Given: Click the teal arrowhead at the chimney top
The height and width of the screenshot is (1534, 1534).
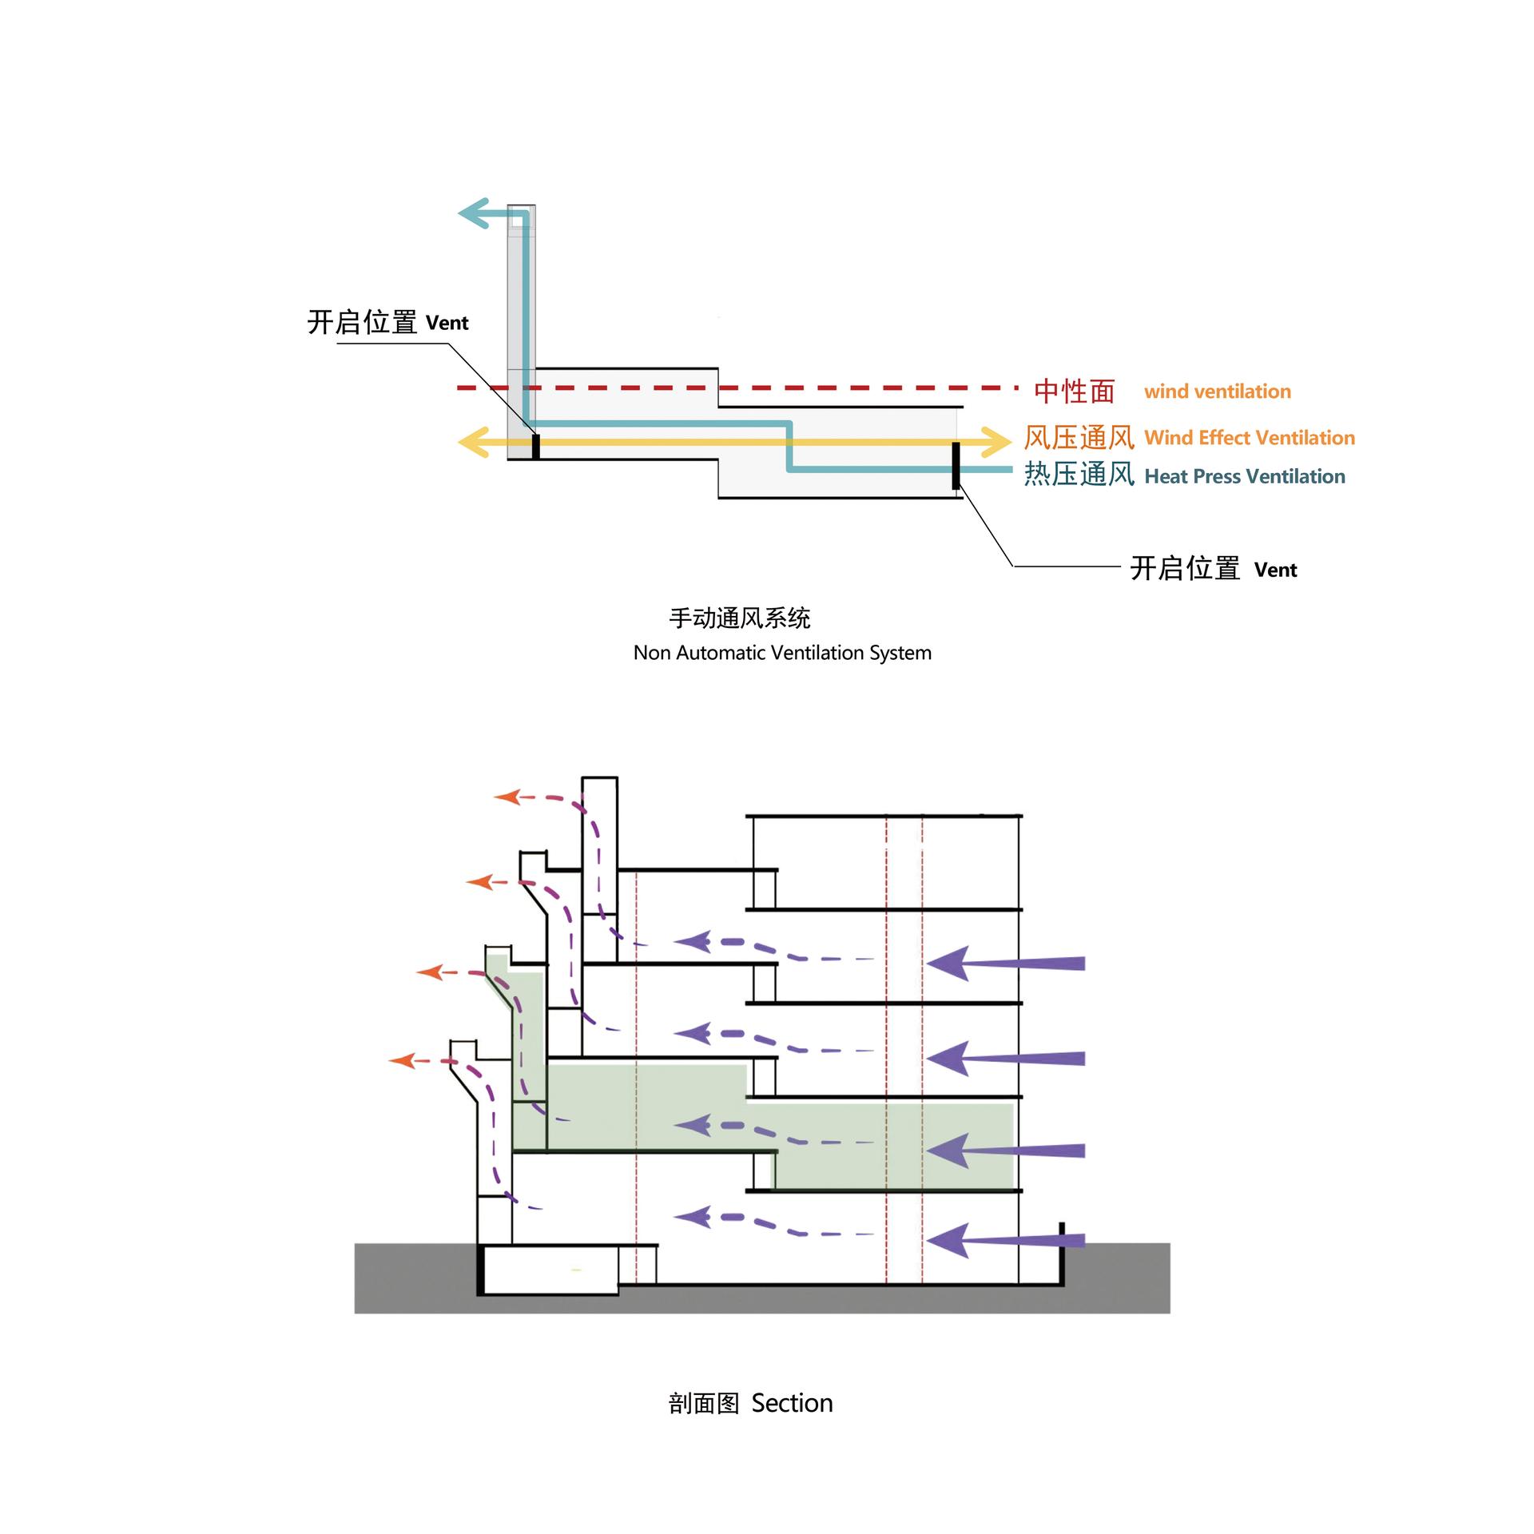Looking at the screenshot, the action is point(472,213).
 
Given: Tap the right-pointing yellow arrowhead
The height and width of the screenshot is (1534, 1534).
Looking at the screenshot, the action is point(999,442).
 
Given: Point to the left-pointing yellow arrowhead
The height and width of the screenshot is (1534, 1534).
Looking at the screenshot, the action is point(472,442).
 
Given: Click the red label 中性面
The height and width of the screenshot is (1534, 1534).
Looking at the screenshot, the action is point(1074,391).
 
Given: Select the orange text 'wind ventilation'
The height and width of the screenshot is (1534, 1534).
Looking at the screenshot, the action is point(1217,391).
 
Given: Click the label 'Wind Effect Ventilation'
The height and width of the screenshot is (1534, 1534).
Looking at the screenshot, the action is point(1250,438).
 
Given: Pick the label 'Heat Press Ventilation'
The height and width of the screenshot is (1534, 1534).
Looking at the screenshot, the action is point(1245,477).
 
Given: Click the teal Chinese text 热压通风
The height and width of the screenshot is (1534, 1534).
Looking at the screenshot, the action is point(1079,475).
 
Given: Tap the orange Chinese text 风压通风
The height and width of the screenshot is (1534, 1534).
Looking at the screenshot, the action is point(1079,438).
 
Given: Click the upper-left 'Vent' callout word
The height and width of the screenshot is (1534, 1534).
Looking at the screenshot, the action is point(447,323).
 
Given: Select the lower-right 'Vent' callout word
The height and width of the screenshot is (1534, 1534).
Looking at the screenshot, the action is point(1275,570).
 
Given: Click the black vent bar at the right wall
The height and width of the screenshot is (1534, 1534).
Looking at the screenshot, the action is point(956,465).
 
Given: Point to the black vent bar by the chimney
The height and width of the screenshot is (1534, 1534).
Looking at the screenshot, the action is point(536,447).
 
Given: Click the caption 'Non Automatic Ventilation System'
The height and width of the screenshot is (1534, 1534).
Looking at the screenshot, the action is point(782,653).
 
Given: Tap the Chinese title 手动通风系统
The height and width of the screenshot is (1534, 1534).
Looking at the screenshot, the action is point(740,618).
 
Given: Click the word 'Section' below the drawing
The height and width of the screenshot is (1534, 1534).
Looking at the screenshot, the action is point(792,1403).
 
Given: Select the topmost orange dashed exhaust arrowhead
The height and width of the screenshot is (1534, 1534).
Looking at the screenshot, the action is point(507,797).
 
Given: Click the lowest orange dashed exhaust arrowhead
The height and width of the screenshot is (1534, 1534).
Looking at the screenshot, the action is point(402,1060).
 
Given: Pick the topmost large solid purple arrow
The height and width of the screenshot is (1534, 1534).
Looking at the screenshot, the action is point(1005,963).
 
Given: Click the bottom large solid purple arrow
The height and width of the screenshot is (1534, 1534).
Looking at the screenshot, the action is point(1005,1240).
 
